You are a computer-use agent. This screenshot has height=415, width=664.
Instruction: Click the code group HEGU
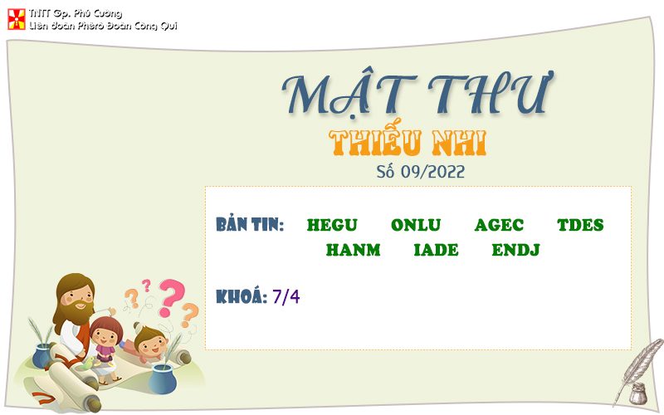coord(332,225)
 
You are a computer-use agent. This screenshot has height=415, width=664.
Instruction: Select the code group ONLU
coord(416,225)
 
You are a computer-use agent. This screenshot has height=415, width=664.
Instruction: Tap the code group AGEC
coord(499,225)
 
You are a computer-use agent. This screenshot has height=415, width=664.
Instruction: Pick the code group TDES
coord(580,225)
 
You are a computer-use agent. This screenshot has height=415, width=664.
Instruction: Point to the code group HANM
coord(353,250)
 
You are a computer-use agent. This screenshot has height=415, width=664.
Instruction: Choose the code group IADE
coord(436,250)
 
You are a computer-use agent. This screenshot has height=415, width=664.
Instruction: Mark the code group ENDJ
coord(515,250)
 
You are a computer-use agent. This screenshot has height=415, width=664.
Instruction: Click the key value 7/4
coord(286,296)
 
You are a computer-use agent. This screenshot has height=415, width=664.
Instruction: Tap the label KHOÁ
coord(241,296)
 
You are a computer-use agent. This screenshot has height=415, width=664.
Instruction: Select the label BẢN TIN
coord(250,225)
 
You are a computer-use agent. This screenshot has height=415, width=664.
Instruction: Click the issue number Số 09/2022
coord(420,172)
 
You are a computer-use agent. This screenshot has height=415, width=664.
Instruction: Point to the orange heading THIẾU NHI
coord(408,143)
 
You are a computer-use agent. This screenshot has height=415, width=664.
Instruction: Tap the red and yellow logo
coord(16,19)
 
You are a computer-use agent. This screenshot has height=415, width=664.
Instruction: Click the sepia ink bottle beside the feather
coord(637,393)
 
